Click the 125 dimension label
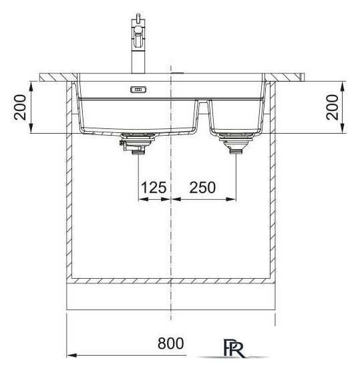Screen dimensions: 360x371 tap(154, 187)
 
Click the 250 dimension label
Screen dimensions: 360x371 tap(202, 187)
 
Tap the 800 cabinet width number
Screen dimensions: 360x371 tap(171, 344)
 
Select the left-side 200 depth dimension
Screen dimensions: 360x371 tap(20, 107)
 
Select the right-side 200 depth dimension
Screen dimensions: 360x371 tap(332, 107)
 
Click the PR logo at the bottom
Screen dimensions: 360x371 tap(233, 348)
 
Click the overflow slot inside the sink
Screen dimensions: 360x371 tap(138, 90)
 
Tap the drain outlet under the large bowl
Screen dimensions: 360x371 tap(137, 144)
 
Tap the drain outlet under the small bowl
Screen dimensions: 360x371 tap(236, 143)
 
